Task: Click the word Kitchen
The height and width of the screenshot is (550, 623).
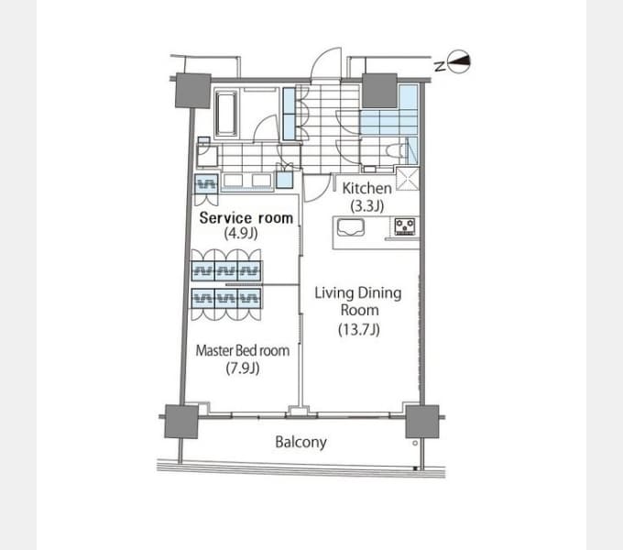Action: coord(366,188)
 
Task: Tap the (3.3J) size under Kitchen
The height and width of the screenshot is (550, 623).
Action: coord(366,206)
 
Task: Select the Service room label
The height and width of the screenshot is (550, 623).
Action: coord(246,218)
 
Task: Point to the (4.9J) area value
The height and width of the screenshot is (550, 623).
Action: coord(241,233)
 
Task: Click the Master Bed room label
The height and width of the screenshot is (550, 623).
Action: coord(243,350)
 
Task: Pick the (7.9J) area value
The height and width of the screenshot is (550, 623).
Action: coord(243,368)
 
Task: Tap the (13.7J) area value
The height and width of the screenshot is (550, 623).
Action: coord(359,329)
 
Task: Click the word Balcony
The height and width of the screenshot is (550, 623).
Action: coord(301,442)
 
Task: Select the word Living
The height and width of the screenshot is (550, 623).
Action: coord(334,293)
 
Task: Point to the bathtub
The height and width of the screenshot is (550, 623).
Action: coord(226,115)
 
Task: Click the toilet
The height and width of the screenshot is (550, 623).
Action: coord(397,151)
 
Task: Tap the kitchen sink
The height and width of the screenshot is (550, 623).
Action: coord(350,228)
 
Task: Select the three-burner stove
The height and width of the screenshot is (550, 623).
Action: coord(405,226)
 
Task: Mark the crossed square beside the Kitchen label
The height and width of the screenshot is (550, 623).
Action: coord(408,180)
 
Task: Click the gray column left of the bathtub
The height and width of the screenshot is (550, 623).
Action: coord(193,91)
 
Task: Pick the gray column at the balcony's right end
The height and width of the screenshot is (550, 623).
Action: coord(422,422)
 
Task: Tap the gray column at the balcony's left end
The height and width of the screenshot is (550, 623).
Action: coord(181,422)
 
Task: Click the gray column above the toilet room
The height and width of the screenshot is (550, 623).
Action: coord(379,91)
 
